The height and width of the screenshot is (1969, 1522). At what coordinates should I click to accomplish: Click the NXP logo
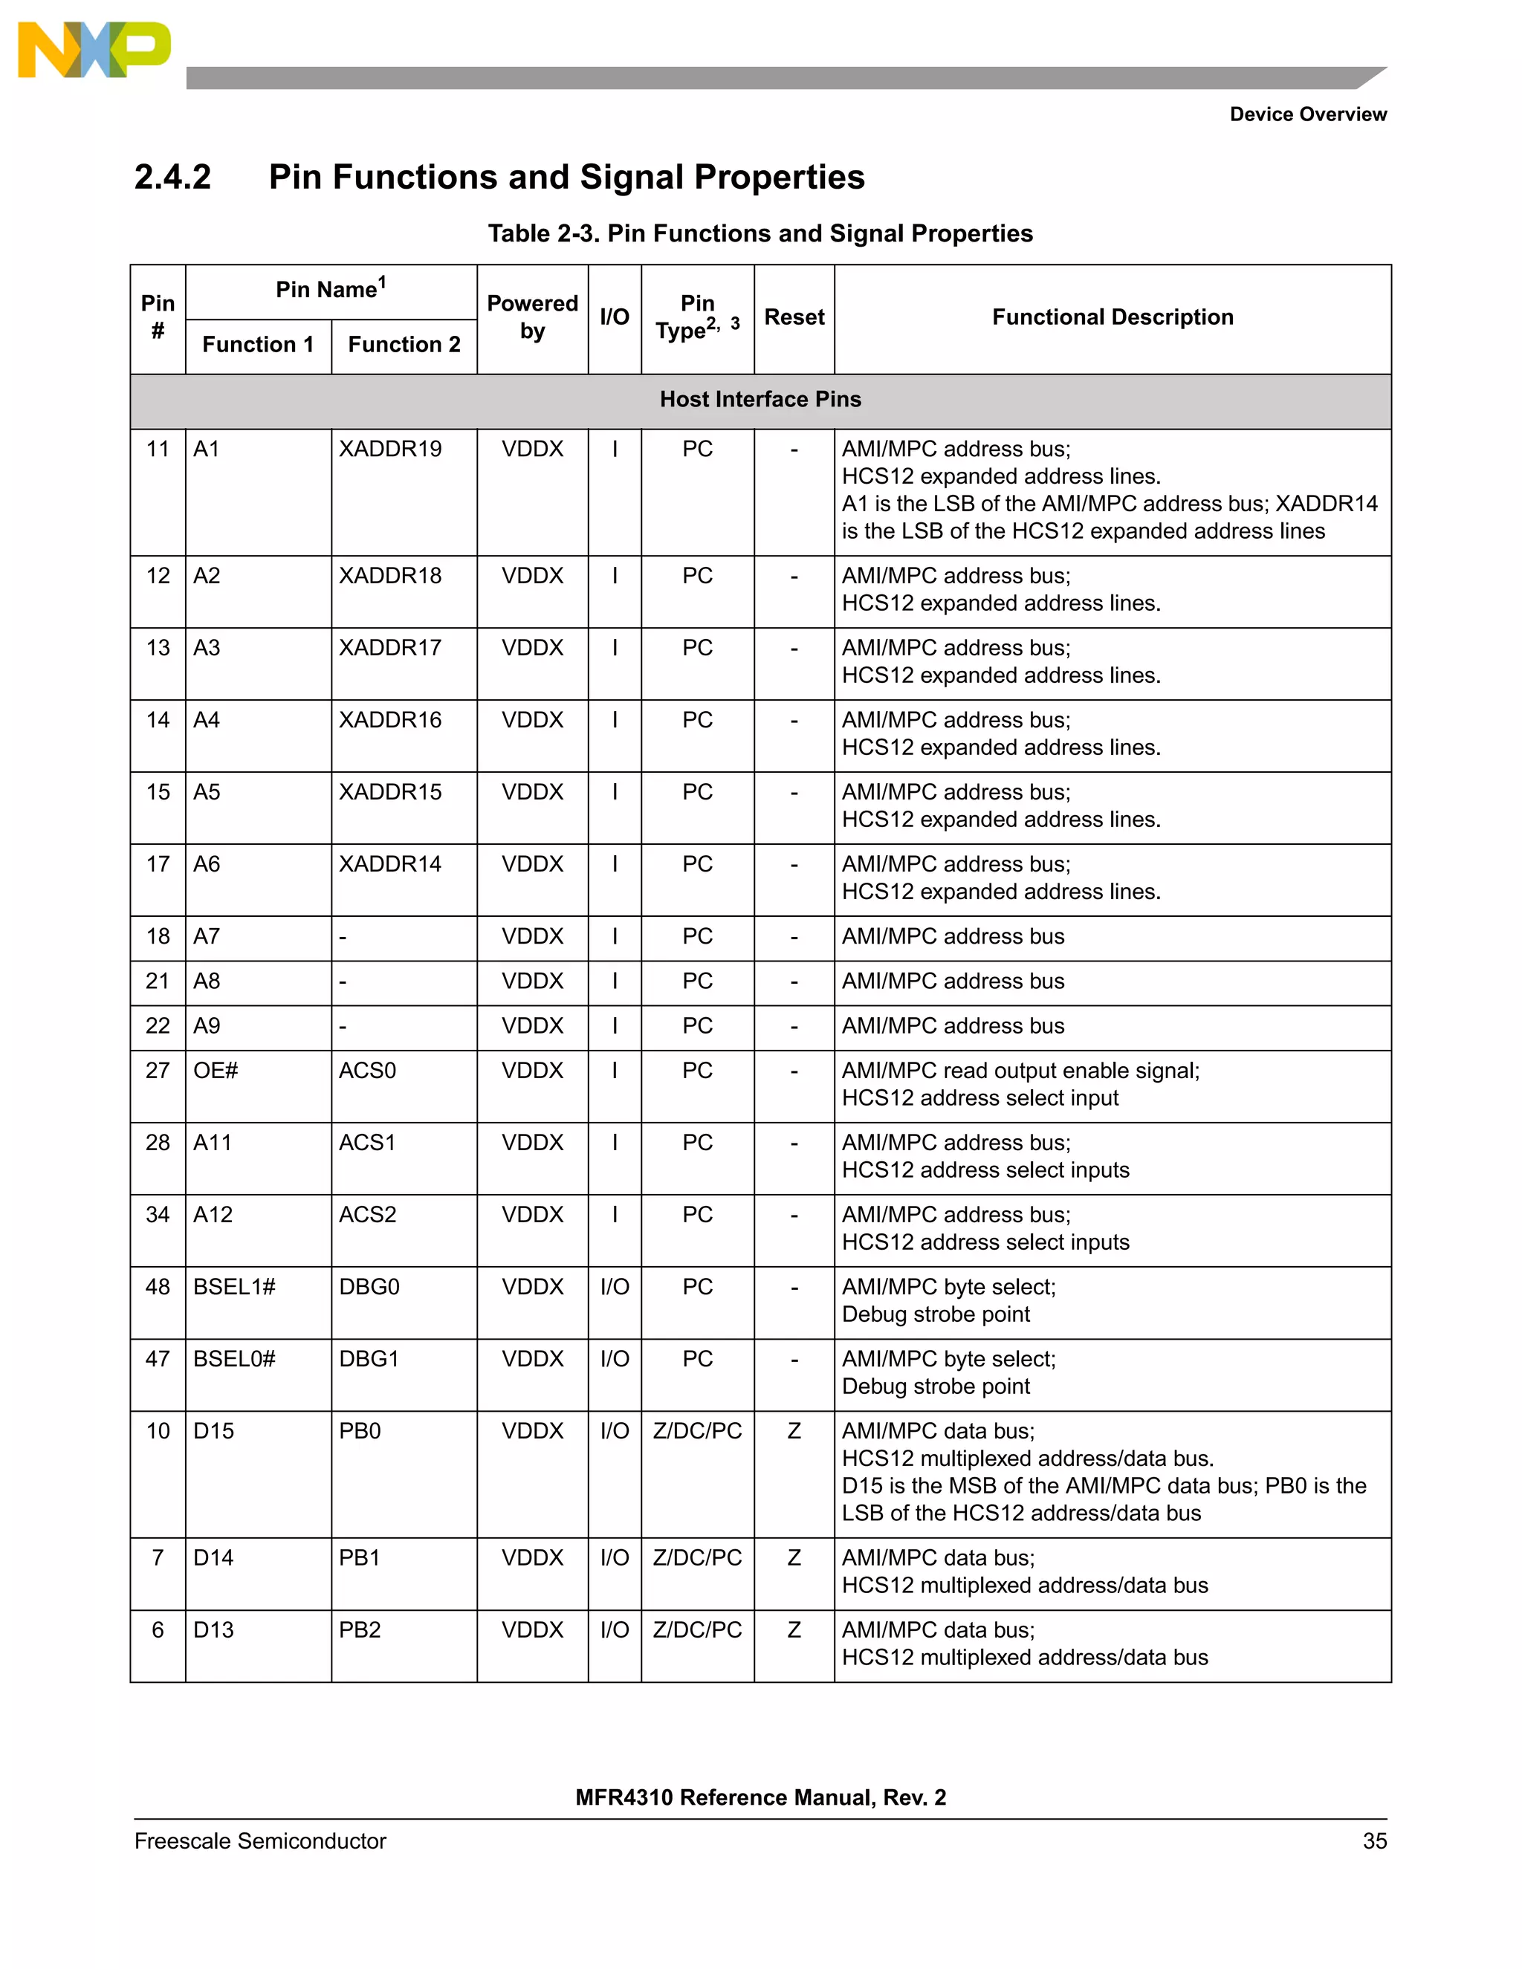[94, 51]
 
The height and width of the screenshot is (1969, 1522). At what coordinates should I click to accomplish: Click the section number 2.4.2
[172, 177]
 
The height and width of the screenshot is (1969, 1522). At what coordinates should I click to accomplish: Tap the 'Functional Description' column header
[1112, 317]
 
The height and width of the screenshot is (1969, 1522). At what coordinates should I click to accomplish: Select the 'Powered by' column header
[532, 317]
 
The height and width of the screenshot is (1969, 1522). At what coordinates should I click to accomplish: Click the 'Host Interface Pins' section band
[760, 400]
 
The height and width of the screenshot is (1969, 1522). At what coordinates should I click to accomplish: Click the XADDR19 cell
[390, 449]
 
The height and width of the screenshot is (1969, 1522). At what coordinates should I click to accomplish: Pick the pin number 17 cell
[158, 865]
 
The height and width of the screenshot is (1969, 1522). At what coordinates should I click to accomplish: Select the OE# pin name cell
[216, 1071]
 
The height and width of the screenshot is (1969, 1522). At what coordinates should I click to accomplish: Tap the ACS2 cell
[367, 1216]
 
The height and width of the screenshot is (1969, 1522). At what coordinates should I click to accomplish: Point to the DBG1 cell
[369, 1360]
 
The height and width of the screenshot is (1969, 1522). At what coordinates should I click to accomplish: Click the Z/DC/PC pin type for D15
[697, 1432]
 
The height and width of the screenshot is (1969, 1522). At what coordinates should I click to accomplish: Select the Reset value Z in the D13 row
[794, 1630]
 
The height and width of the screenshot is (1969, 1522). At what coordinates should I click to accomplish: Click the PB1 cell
[360, 1558]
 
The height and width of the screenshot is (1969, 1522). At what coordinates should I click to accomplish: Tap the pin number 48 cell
[158, 1288]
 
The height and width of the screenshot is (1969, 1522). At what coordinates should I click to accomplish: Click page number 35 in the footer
[1374, 1841]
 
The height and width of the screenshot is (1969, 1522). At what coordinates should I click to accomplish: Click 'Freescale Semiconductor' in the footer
[259, 1841]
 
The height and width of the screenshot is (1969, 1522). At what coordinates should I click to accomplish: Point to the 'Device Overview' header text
[1307, 114]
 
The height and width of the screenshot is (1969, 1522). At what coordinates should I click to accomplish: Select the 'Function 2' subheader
[404, 345]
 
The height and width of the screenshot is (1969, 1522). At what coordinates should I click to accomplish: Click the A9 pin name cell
[207, 1026]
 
